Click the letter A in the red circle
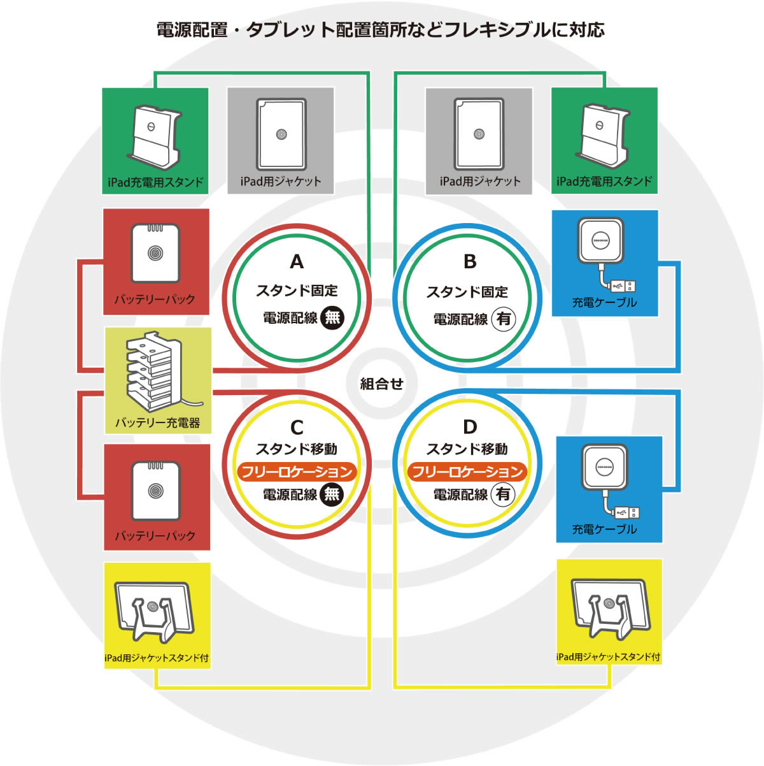(297, 262)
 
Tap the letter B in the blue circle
(470, 262)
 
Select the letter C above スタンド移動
(297, 427)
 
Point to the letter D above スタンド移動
(470, 426)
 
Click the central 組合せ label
(382, 384)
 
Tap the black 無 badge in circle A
(332, 317)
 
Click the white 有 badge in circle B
(504, 319)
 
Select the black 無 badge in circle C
(332, 494)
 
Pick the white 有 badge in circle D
(504, 494)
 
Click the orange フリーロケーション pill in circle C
(297, 472)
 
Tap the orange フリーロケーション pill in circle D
(467, 472)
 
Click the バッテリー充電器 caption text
(157, 423)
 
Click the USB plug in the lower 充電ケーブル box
(627, 512)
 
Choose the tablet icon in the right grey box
(479, 134)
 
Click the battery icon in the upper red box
(155, 254)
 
